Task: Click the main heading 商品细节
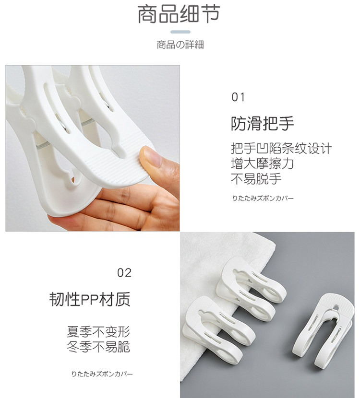pyautogui.click(x=179, y=14)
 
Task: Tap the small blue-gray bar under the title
pyautogui.click(x=180, y=32)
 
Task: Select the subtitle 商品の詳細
pyautogui.click(x=180, y=45)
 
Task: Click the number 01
pyautogui.click(x=238, y=97)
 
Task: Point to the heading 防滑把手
pyautogui.click(x=262, y=123)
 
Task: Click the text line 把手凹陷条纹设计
pyautogui.click(x=281, y=148)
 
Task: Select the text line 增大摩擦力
pyautogui.click(x=263, y=164)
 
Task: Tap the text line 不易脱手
pyautogui.click(x=256, y=179)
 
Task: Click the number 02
pyautogui.click(x=124, y=273)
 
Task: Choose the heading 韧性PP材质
pyautogui.click(x=90, y=299)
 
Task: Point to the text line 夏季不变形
pyautogui.click(x=98, y=332)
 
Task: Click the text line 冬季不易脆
pyautogui.click(x=98, y=347)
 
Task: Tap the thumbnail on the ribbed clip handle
pyautogui.click(x=151, y=157)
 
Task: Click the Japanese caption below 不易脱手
pyautogui.click(x=263, y=198)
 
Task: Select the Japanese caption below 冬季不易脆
pyautogui.click(x=102, y=374)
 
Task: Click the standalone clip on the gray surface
pyautogui.click(x=323, y=330)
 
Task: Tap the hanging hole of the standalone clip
pyautogui.click(x=336, y=308)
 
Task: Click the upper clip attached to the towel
pyautogui.click(x=250, y=288)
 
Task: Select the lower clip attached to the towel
pyautogui.click(x=218, y=330)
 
